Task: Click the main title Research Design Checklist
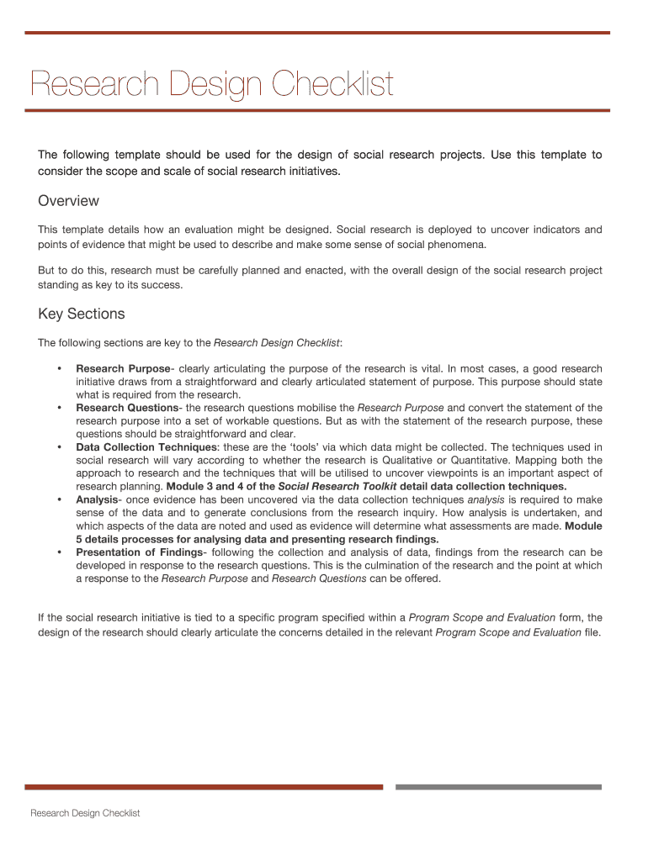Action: click(x=211, y=85)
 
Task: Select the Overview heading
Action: click(x=68, y=201)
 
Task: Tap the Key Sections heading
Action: click(x=81, y=314)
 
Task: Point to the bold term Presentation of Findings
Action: click(x=139, y=552)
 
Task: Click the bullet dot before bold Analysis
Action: click(x=59, y=499)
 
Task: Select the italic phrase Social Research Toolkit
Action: click(x=327, y=487)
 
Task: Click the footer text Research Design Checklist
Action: click(x=85, y=813)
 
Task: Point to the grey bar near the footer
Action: click(x=498, y=787)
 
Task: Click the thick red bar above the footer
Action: click(x=204, y=787)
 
